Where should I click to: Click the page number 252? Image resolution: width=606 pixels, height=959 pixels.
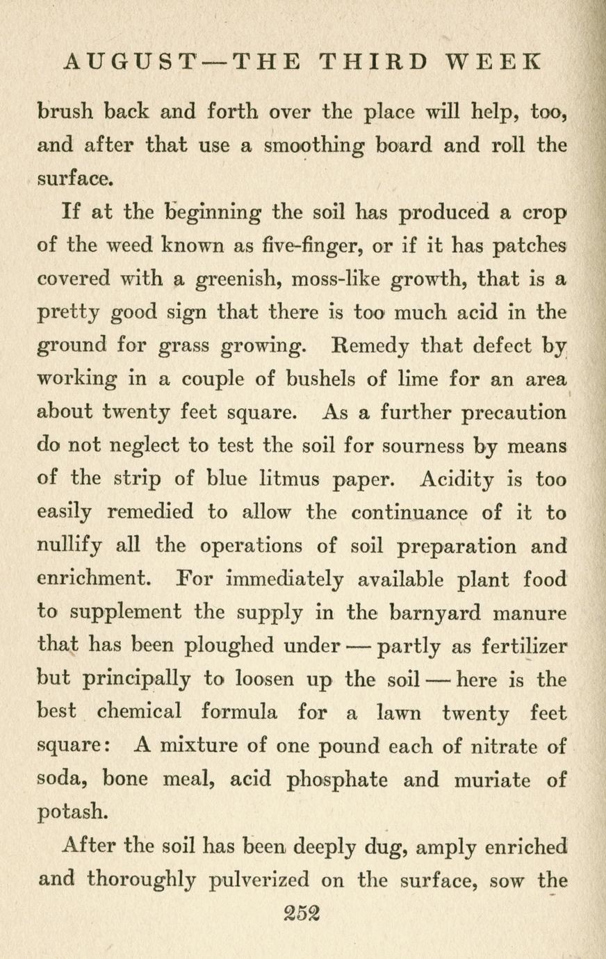click(303, 911)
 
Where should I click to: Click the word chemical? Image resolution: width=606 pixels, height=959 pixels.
click(139, 713)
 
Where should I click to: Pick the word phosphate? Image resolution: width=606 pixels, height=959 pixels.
click(338, 780)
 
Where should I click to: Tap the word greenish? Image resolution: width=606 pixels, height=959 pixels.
click(234, 279)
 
